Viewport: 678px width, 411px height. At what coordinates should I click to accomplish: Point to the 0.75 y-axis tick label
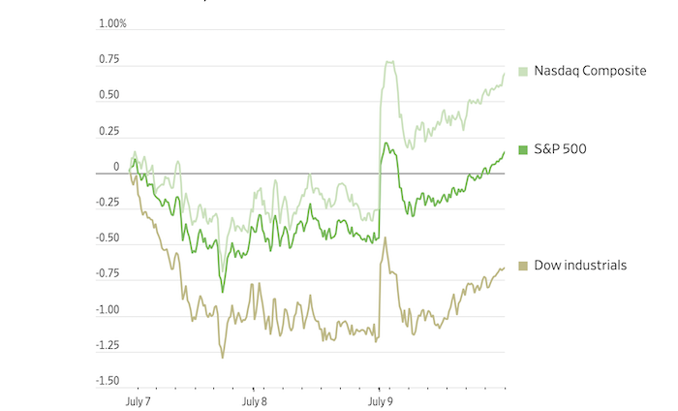click(108, 59)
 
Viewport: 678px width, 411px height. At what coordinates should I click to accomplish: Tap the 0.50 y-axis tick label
click(108, 95)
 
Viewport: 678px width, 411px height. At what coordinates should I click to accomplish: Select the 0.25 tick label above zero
click(108, 131)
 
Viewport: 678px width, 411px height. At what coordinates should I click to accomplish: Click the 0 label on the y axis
click(115, 167)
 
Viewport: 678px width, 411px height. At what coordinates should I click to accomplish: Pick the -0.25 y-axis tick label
click(106, 203)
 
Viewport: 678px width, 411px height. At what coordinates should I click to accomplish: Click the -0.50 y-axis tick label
click(106, 238)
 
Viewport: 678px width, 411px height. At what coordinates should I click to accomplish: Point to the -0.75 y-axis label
click(106, 274)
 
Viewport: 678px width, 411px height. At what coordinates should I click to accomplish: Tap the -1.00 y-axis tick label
click(106, 310)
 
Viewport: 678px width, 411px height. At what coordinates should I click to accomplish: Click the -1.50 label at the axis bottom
click(106, 381)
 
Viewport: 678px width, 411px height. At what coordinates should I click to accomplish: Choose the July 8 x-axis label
click(255, 398)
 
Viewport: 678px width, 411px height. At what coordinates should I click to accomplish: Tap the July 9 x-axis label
click(379, 398)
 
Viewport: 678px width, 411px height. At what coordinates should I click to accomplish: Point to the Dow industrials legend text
click(579, 265)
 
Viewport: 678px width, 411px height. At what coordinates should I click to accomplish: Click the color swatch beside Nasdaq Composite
click(523, 72)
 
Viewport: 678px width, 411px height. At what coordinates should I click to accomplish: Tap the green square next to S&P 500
click(523, 149)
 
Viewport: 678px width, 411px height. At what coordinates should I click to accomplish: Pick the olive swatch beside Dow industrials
click(523, 265)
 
